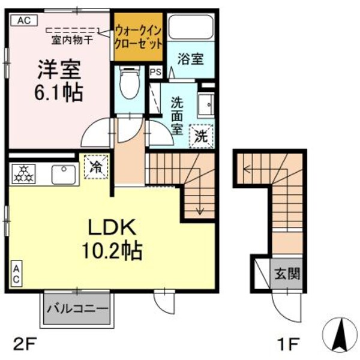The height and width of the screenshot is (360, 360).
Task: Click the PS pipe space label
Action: coord(155,72)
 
